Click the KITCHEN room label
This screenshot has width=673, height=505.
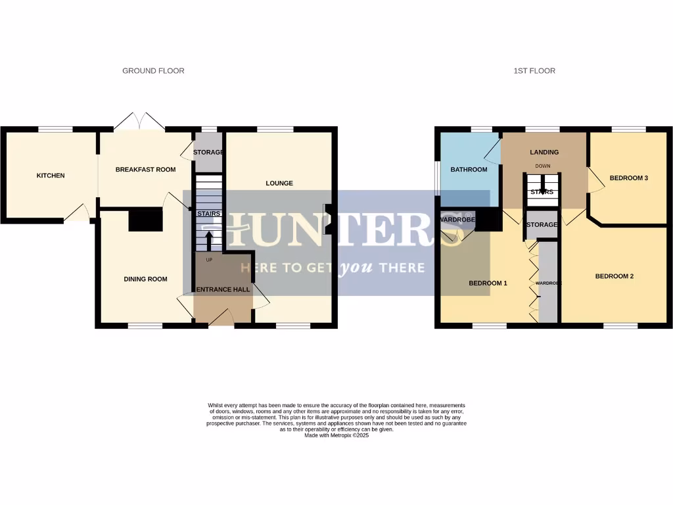coord(51,176)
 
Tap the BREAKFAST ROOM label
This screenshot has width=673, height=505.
coord(145,170)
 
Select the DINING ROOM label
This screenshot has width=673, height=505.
coord(145,279)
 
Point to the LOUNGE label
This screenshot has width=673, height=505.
coord(279,183)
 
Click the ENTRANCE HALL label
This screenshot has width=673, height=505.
coord(223,290)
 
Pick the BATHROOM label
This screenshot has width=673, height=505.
coord(469,170)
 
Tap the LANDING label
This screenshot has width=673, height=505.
coord(544,153)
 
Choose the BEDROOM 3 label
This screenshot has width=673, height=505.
coord(629,178)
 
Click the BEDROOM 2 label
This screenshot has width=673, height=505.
coord(614,277)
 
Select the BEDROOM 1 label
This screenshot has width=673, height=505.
coord(488,283)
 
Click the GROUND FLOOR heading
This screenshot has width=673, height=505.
coord(153,71)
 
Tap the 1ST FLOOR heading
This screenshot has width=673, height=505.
coord(534,71)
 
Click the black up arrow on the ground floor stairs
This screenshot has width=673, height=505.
coord(209,241)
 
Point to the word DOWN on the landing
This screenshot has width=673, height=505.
coord(543,166)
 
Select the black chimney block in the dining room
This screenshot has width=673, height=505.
coord(145,220)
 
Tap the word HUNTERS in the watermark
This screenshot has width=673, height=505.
coord(335,229)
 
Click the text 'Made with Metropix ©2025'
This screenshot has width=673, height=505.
coord(336,435)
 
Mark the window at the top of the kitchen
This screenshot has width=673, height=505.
coord(55,130)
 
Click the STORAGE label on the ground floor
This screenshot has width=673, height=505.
coord(208,153)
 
